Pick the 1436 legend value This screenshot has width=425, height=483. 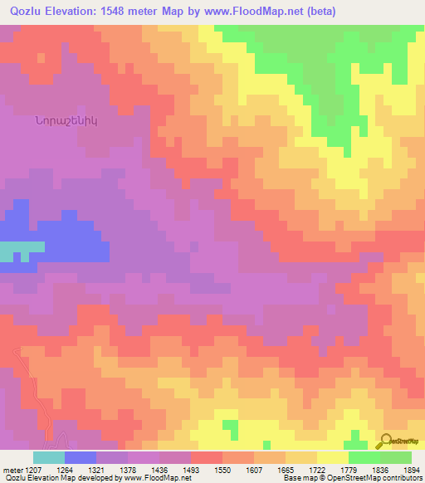pyautogui.click(x=175, y=469)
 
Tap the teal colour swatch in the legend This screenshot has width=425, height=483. pyautogui.click(x=49, y=457)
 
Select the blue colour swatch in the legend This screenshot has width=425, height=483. pyautogui.click(x=81, y=457)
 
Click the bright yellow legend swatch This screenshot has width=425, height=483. pyautogui.click(x=333, y=457)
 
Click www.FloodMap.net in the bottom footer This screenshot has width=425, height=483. pyautogui.click(x=149, y=478)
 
